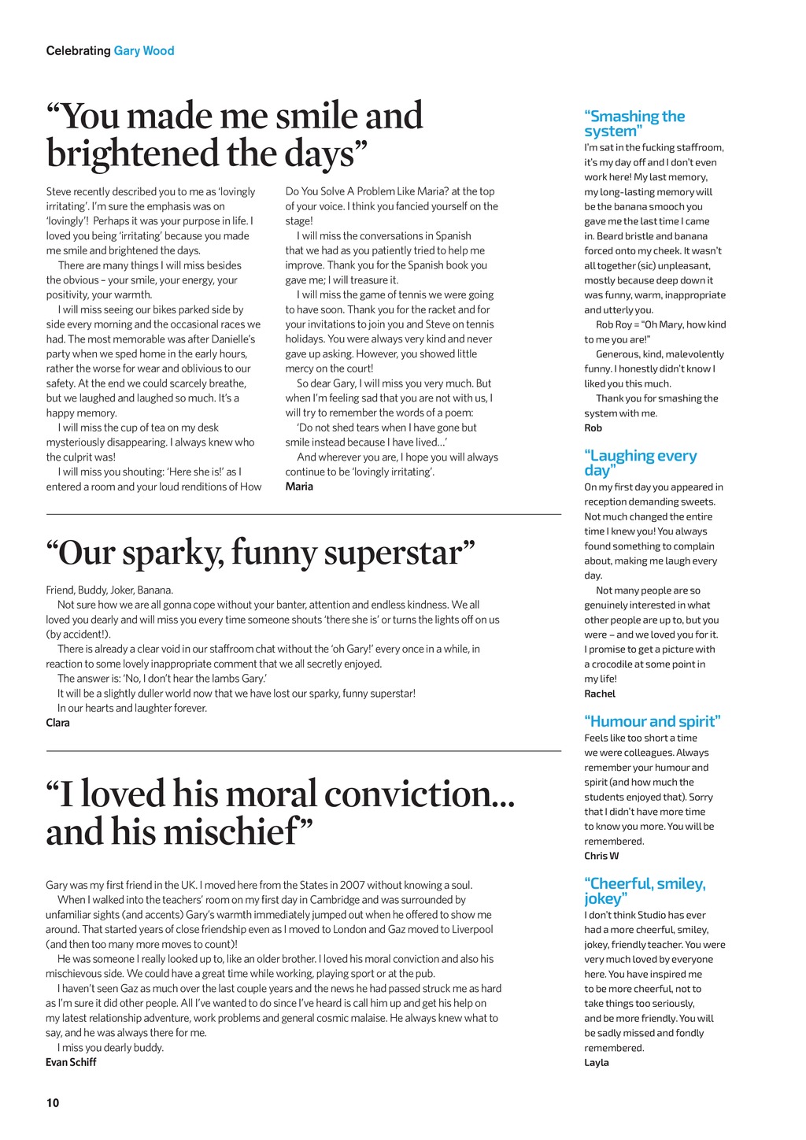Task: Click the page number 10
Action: pyautogui.click(x=53, y=1102)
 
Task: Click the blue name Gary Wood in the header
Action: pyautogui.click(x=144, y=51)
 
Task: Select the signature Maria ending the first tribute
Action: pyautogui.click(x=299, y=487)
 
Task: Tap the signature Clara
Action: pyautogui.click(x=57, y=723)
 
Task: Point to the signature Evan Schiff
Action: pyautogui.click(x=71, y=1062)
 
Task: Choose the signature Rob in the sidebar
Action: pyautogui.click(x=593, y=428)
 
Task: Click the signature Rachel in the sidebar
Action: pyautogui.click(x=599, y=694)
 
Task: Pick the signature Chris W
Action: pyautogui.click(x=601, y=856)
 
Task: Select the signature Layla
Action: pyautogui.click(x=597, y=1063)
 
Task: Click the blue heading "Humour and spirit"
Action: pyautogui.click(x=653, y=721)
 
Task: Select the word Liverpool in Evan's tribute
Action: pyautogui.click(x=469, y=929)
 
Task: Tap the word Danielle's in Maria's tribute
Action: pyautogui.click(x=234, y=339)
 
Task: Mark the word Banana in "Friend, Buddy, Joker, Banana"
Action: pyautogui.click(x=155, y=590)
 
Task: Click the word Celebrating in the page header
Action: pyautogui.click(x=78, y=51)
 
